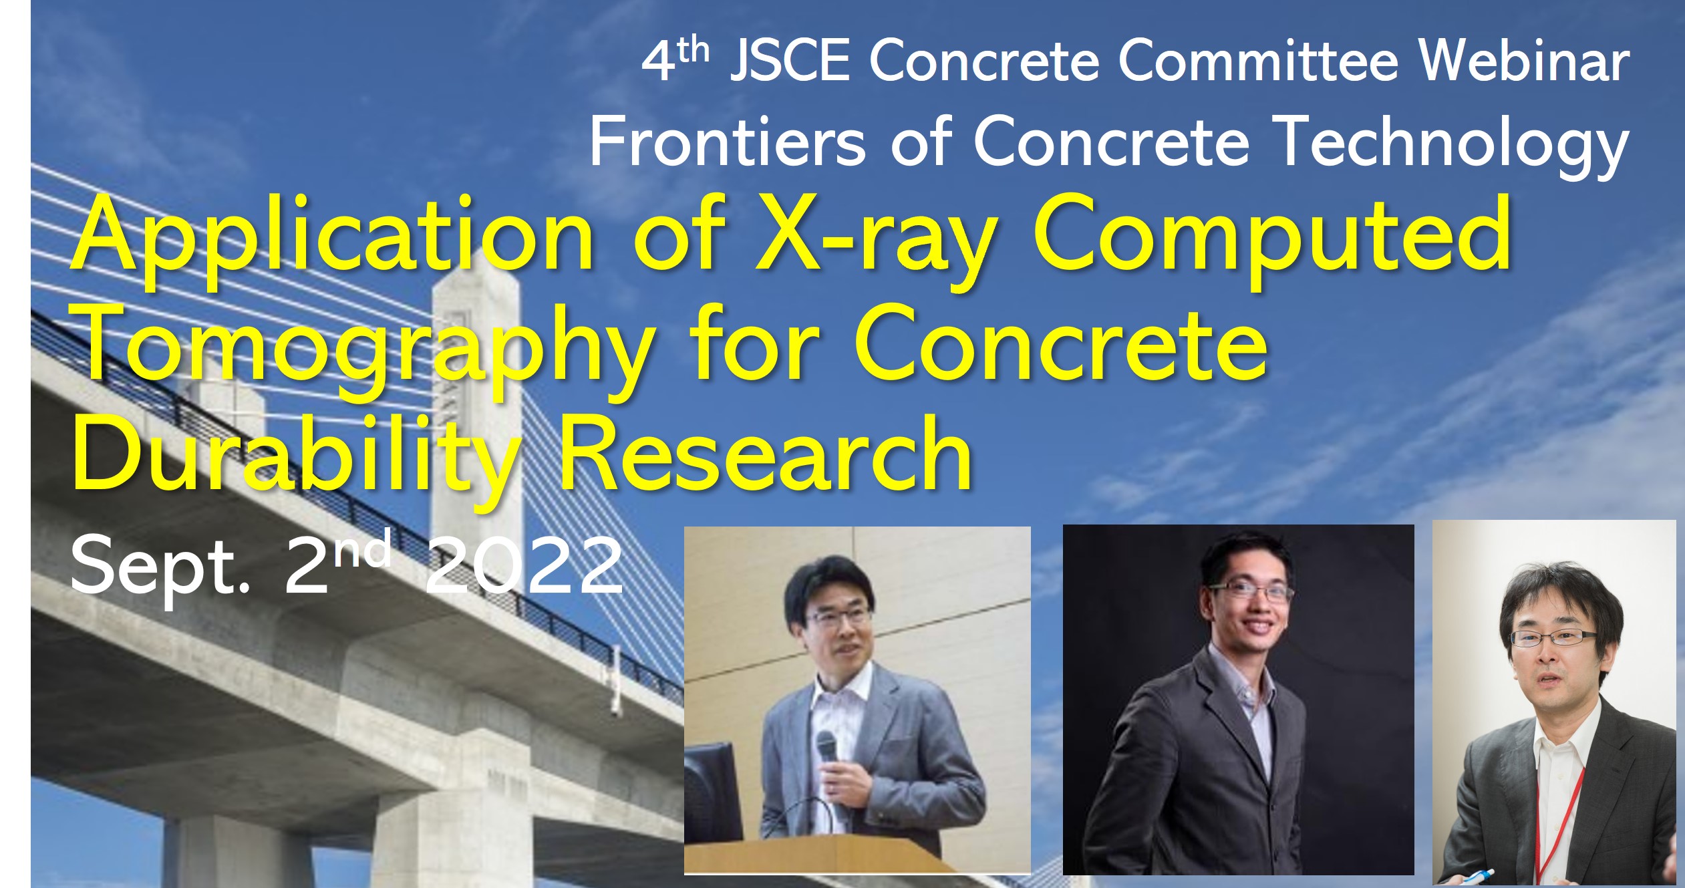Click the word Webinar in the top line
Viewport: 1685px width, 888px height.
(1524, 61)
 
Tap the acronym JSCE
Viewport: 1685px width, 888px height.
(790, 61)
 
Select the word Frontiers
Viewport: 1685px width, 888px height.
(728, 142)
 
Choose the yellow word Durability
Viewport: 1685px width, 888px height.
(295, 458)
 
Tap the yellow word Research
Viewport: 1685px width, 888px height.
(766, 454)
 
